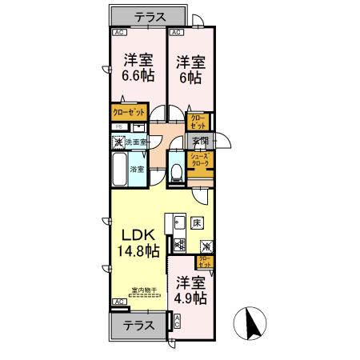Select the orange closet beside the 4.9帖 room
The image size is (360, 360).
pyautogui.click(x=205, y=260)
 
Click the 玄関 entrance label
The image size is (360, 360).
pyautogui.click(x=200, y=141)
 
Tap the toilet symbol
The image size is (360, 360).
pyautogui.click(x=177, y=171)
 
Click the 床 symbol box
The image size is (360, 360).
pyautogui.click(x=197, y=222)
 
